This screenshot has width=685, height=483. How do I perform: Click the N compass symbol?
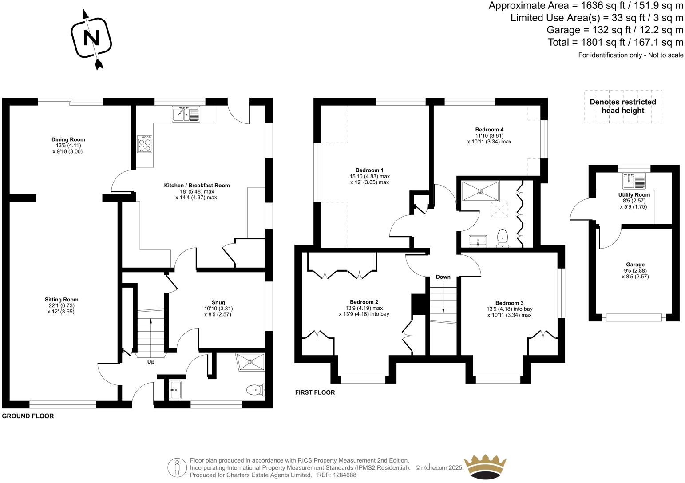coord(92,39)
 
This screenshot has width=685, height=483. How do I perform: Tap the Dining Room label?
coord(68,139)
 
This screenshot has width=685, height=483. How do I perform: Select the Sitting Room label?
coord(61,300)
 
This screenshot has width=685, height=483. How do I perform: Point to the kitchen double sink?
coord(186,114)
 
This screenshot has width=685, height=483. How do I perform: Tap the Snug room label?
coord(218,303)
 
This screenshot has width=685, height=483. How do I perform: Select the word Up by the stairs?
coord(151,362)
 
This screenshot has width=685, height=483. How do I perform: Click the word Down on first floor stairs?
coord(443,277)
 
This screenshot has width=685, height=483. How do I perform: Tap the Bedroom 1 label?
coord(369,170)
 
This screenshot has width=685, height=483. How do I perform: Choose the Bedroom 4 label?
coord(489,130)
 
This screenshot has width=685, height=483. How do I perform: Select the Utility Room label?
coord(634,195)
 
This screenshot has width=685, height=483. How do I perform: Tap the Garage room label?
coord(634,265)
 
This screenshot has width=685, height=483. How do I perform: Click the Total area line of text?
coord(615,43)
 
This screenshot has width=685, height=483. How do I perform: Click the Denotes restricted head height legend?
coord(622,106)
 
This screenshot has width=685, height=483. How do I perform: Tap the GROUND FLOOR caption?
coord(28,416)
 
